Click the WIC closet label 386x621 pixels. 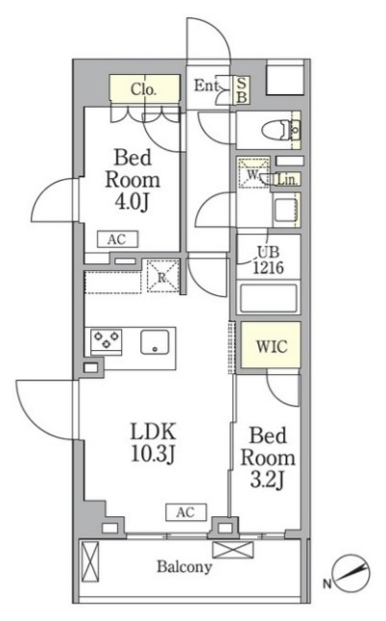272,346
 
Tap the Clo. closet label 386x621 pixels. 144,90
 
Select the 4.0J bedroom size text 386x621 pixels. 132,203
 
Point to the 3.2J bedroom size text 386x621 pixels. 267,481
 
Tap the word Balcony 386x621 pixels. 184,567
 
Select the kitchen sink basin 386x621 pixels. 155,342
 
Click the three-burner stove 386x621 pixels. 106,341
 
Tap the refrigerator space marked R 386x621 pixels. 162,276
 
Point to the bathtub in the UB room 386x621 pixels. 268,299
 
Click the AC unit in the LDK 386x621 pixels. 186,512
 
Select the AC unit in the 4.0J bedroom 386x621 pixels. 117,239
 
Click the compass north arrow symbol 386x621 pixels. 351,574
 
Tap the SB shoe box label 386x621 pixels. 241,90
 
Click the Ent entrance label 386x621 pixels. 205,86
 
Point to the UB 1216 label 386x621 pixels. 269,261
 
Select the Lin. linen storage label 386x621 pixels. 286,180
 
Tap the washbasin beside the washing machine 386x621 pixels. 286,211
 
